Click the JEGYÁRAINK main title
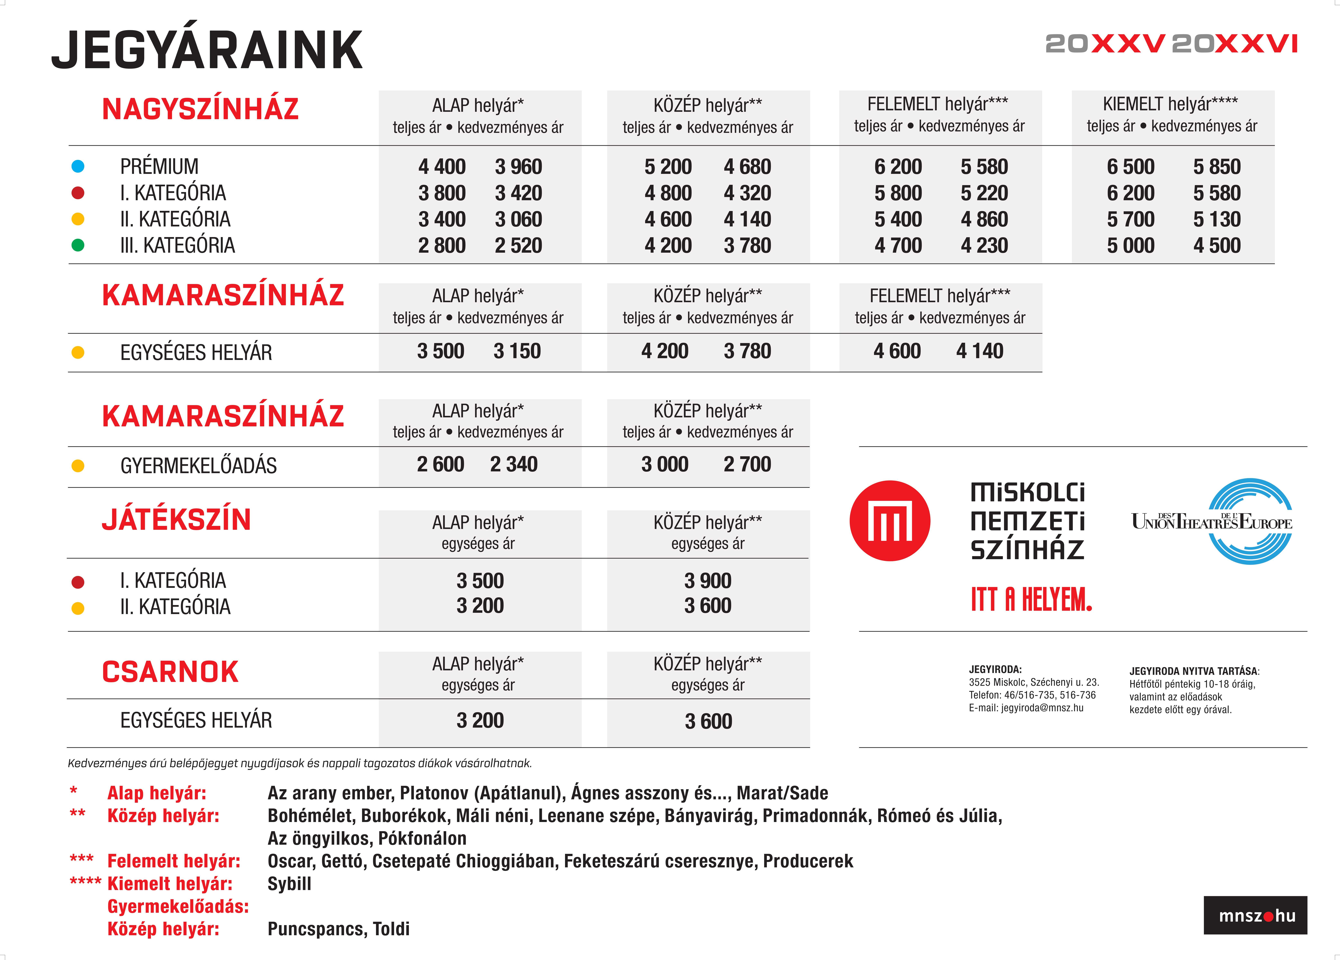coord(207,50)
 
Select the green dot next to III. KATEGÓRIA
coord(77,245)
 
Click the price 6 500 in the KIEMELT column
coord(1130,167)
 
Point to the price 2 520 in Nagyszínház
coord(518,245)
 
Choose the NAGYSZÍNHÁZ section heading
coord(200,109)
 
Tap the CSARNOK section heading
coord(170,672)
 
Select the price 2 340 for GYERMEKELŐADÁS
coord(513,464)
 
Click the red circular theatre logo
coord(890,520)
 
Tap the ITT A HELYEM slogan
coord(1031,600)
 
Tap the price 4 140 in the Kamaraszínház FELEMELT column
coord(980,351)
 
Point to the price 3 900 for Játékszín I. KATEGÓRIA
coord(708,581)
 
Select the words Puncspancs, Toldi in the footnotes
coord(339,929)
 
